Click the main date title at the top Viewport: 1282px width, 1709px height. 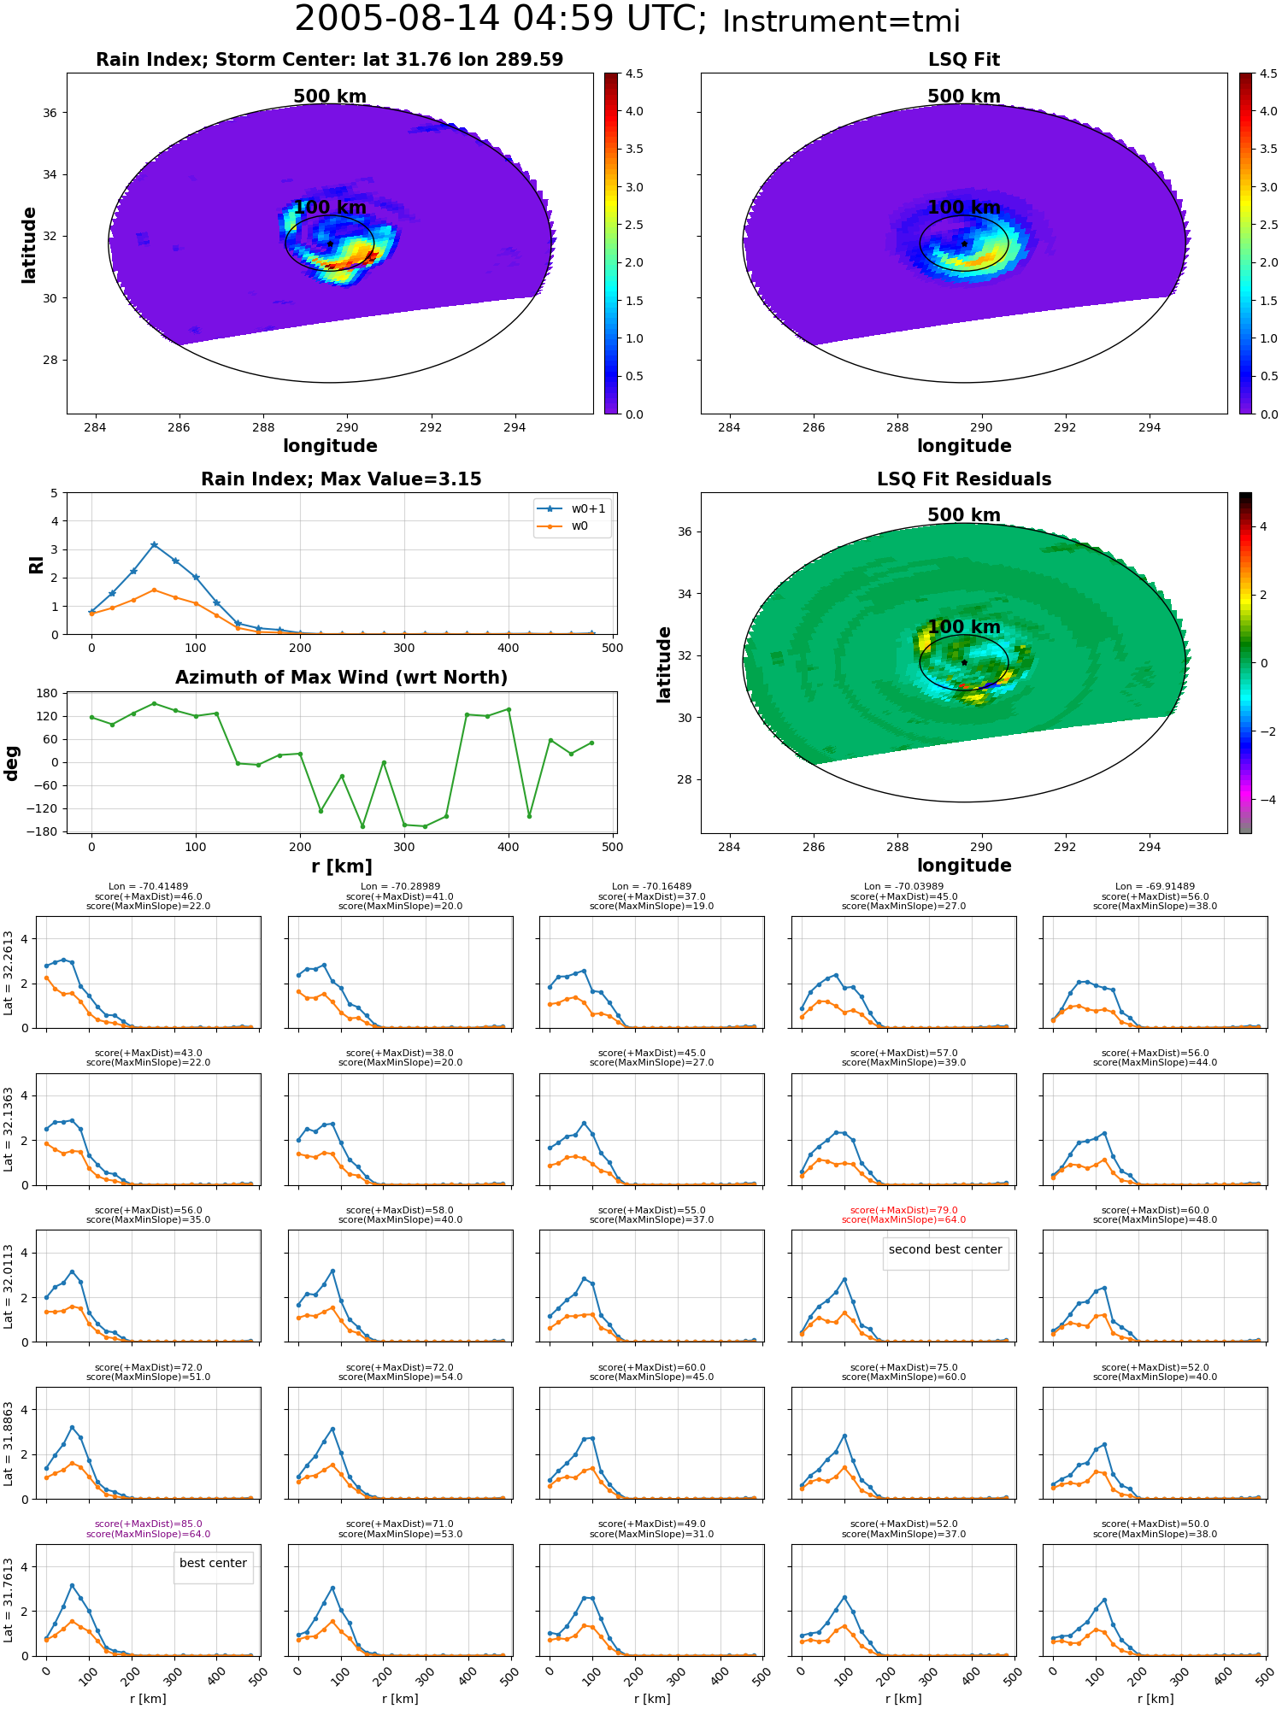(x=627, y=20)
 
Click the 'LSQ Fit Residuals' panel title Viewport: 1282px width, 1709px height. (x=964, y=479)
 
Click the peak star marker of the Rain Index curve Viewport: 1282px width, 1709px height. (x=154, y=544)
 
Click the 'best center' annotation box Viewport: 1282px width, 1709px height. (x=213, y=1563)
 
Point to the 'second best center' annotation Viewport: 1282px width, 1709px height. (x=945, y=1249)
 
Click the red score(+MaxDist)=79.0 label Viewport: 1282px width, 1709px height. (x=903, y=1211)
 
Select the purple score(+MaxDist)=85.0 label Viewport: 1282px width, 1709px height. (x=149, y=1524)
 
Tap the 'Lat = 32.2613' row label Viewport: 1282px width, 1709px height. (x=9, y=972)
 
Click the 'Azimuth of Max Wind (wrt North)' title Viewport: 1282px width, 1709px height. (x=341, y=678)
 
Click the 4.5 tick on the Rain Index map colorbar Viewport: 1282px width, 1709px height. (x=634, y=73)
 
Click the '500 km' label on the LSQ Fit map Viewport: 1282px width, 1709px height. (x=964, y=97)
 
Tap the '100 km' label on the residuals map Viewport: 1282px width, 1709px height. (x=964, y=627)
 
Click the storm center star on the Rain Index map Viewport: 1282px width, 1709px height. (x=330, y=244)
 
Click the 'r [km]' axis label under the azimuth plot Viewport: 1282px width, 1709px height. (x=341, y=866)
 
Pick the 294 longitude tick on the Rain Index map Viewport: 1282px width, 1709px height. (x=515, y=427)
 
